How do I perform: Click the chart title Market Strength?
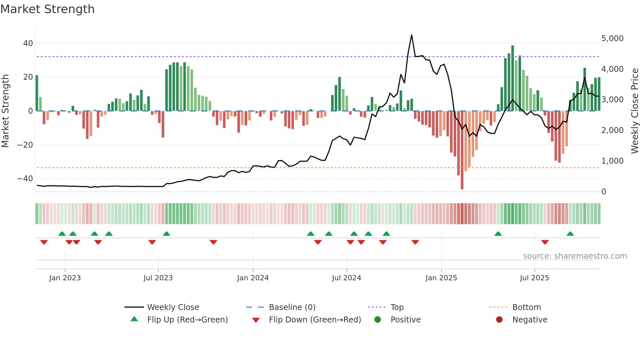click(47, 9)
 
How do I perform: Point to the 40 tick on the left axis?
click(28, 43)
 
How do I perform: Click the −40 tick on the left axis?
click(25, 179)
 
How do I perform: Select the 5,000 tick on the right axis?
click(612, 39)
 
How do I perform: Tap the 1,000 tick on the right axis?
click(612, 161)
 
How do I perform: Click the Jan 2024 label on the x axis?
click(253, 278)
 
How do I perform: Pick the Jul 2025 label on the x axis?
click(534, 278)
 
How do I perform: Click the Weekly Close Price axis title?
click(634, 111)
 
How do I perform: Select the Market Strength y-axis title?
click(6, 111)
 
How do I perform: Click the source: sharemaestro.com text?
click(575, 256)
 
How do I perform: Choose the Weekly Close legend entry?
click(173, 307)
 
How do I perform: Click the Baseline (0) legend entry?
click(292, 307)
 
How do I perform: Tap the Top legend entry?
click(397, 307)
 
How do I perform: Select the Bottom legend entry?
click(526, 307)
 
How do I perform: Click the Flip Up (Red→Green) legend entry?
click(187, 320)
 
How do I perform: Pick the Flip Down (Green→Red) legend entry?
click(315, 320)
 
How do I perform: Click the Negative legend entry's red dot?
click(499, 320)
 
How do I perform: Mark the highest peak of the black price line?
click(411, 35)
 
